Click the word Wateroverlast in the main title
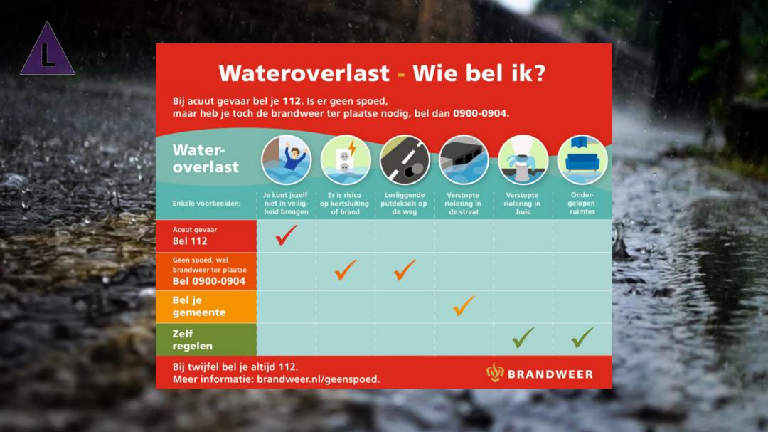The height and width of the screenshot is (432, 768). point(304,73)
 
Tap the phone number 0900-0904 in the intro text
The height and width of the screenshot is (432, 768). point(481,114)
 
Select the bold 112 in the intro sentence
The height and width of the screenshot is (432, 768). point(292,101)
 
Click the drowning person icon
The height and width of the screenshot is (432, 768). point(286,160)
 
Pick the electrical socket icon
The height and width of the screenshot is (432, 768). point(346,160)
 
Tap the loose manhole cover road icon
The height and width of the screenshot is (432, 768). point(405,160)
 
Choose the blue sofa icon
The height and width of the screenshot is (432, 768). point(582,160)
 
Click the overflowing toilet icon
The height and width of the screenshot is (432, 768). point(523,160)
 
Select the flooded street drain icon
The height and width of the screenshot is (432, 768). point(464,160)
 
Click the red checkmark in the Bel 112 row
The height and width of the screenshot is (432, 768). point(286,235)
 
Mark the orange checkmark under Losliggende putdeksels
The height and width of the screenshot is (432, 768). point(405,270)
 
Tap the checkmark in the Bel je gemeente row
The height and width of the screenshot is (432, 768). point(464,306)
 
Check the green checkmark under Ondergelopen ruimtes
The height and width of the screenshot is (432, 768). point(582,338)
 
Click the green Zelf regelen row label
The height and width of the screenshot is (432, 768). point(193,339)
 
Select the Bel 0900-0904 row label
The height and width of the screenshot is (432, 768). point(209,281)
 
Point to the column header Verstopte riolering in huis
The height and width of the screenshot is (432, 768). point(523,204)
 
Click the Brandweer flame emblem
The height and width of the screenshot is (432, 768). point(495,373)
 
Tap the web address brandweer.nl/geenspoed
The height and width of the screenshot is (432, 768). point(319,379)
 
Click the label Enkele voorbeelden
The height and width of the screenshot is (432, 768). point(206,204)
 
